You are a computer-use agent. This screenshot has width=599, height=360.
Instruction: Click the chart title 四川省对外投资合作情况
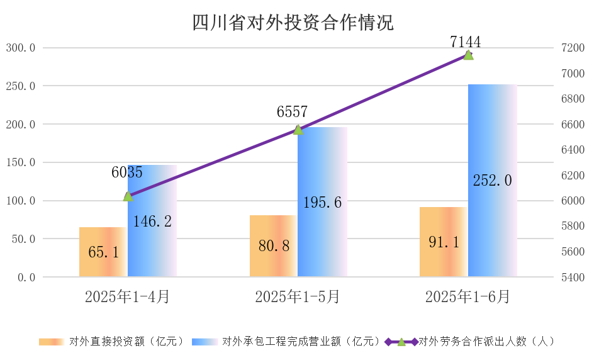click(x=293, y=23)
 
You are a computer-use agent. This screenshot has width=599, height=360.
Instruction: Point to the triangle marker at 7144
click(x=468, y=55)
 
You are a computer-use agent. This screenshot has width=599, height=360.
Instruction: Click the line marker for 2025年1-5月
click(x=298, y=130)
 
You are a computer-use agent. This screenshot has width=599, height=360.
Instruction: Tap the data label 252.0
click(x=492, y=180)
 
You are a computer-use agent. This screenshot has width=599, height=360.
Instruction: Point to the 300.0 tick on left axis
click(x=21, y=48)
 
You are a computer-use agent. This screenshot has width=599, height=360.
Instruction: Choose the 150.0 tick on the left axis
click(x=21, y=162)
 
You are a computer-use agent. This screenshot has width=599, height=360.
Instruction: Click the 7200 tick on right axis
click(x=569, y=48)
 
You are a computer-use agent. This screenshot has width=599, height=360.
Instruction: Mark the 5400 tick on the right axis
click(x=569, y=277)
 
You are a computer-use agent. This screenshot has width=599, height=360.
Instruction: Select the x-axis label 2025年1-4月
click(x=127, y=296)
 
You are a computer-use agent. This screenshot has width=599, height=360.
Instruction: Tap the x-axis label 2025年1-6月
click(x=467, y=296)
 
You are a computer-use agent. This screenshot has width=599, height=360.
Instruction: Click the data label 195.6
click(x=322, y=203)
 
